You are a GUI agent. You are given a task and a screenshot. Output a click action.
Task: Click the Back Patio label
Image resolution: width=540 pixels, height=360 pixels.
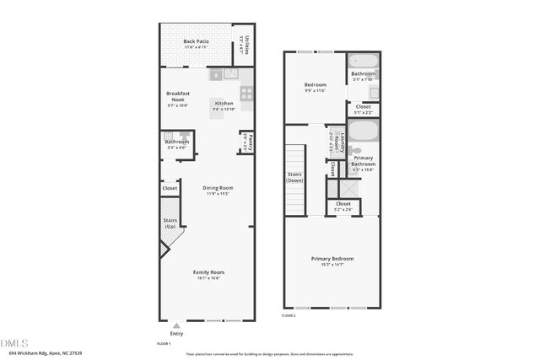[196, 41]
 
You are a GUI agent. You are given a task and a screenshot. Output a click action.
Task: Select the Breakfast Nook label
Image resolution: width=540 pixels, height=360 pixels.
[177, 95]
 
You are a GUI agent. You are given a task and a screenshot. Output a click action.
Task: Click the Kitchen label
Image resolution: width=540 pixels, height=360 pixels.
[224, 104]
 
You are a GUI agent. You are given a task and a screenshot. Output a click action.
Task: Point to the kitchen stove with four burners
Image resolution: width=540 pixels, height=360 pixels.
[246, 94]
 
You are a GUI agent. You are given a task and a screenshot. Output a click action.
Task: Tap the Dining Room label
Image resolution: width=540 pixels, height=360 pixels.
[219, 188]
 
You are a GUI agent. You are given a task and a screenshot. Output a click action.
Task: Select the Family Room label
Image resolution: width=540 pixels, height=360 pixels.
[208, 272]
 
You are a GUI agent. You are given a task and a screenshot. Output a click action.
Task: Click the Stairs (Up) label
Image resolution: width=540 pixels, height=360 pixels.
[170, 223]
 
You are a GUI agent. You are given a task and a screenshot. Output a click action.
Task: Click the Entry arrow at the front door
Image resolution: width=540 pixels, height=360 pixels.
[175, 325]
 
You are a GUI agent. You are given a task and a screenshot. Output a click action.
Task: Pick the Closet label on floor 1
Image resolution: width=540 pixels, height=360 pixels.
[170, 188]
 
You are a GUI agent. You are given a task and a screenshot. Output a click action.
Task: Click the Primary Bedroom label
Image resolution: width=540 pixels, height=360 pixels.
[332, 259]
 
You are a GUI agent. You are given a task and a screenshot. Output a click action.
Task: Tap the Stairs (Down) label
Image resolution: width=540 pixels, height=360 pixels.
[295, 177]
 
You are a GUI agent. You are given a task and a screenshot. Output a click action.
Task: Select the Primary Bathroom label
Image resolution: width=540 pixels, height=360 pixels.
[363, 160]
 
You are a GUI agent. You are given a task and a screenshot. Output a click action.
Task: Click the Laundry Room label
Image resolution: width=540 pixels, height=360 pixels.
[334, 140]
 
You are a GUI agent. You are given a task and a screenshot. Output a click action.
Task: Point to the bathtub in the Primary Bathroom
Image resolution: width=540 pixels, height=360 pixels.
[364, 132]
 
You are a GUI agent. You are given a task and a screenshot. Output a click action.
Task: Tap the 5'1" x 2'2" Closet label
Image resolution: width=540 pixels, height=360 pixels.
[363, 107]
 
